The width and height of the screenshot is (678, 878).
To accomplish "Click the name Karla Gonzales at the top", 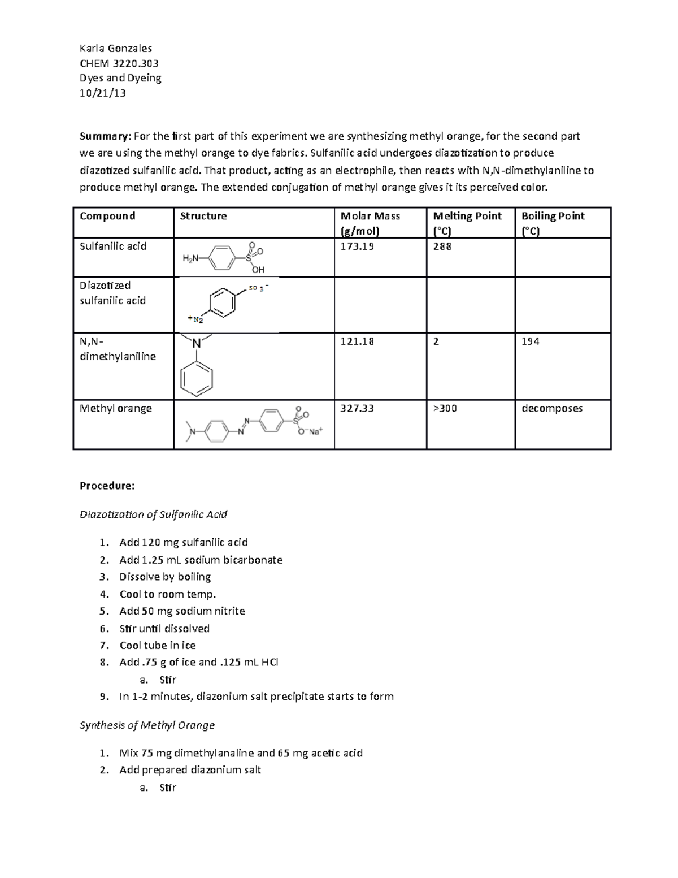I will click(x=115, y=48).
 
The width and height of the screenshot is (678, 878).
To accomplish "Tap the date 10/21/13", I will click(x=102, y=93).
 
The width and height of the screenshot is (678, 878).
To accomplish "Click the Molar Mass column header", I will click(x=370, y=216).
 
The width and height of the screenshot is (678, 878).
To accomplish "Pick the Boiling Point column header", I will click(x=553, y=216).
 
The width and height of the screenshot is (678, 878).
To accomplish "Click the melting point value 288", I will click(x=442, y=246).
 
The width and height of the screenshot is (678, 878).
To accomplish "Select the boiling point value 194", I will click(x=530, y=341).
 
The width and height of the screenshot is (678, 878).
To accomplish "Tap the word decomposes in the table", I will click(x=552, y=408).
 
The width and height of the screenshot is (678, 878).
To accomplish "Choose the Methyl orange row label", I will click(x=116, y=408).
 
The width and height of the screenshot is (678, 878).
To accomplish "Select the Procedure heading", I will click(x=107, y=486).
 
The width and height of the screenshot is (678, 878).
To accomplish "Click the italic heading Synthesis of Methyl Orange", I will click(x=147, y=725).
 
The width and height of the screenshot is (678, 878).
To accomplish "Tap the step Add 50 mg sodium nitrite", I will click(x=182, y=611).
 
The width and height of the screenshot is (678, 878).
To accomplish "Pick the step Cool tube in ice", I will click(x=157, y=645).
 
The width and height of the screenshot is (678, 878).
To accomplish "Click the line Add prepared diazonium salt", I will click(x=190, y=770).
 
